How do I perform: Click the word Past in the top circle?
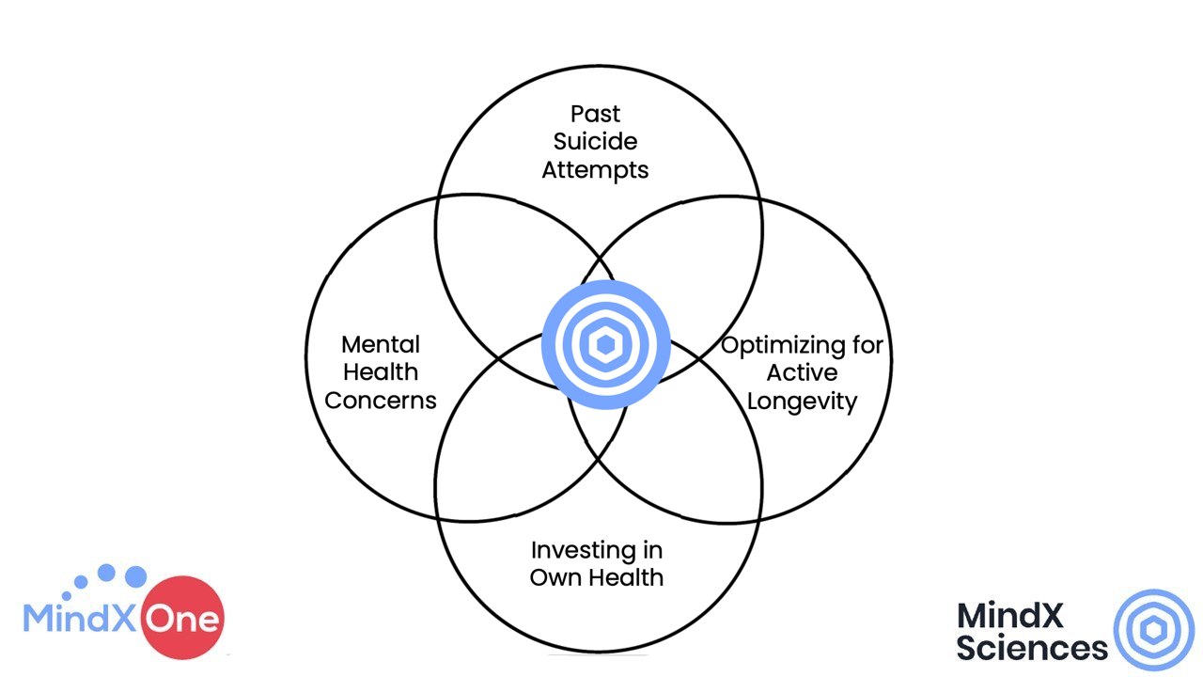pos(595,114)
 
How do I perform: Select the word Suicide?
pos(595,142)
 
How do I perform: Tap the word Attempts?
pos(595,171)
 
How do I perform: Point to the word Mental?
pos(381,344)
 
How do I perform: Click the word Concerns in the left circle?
pos(381,401)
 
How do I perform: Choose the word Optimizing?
pos(773,346)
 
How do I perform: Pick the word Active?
pos(802,373)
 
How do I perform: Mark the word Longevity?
pos(802,402)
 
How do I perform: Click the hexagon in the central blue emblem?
pos(606,344)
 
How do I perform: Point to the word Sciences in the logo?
pos(1032,648)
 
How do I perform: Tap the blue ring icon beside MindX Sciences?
pos(1153,630)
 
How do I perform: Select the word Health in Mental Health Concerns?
pos(381,372)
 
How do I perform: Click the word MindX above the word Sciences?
pos(1009,615)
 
